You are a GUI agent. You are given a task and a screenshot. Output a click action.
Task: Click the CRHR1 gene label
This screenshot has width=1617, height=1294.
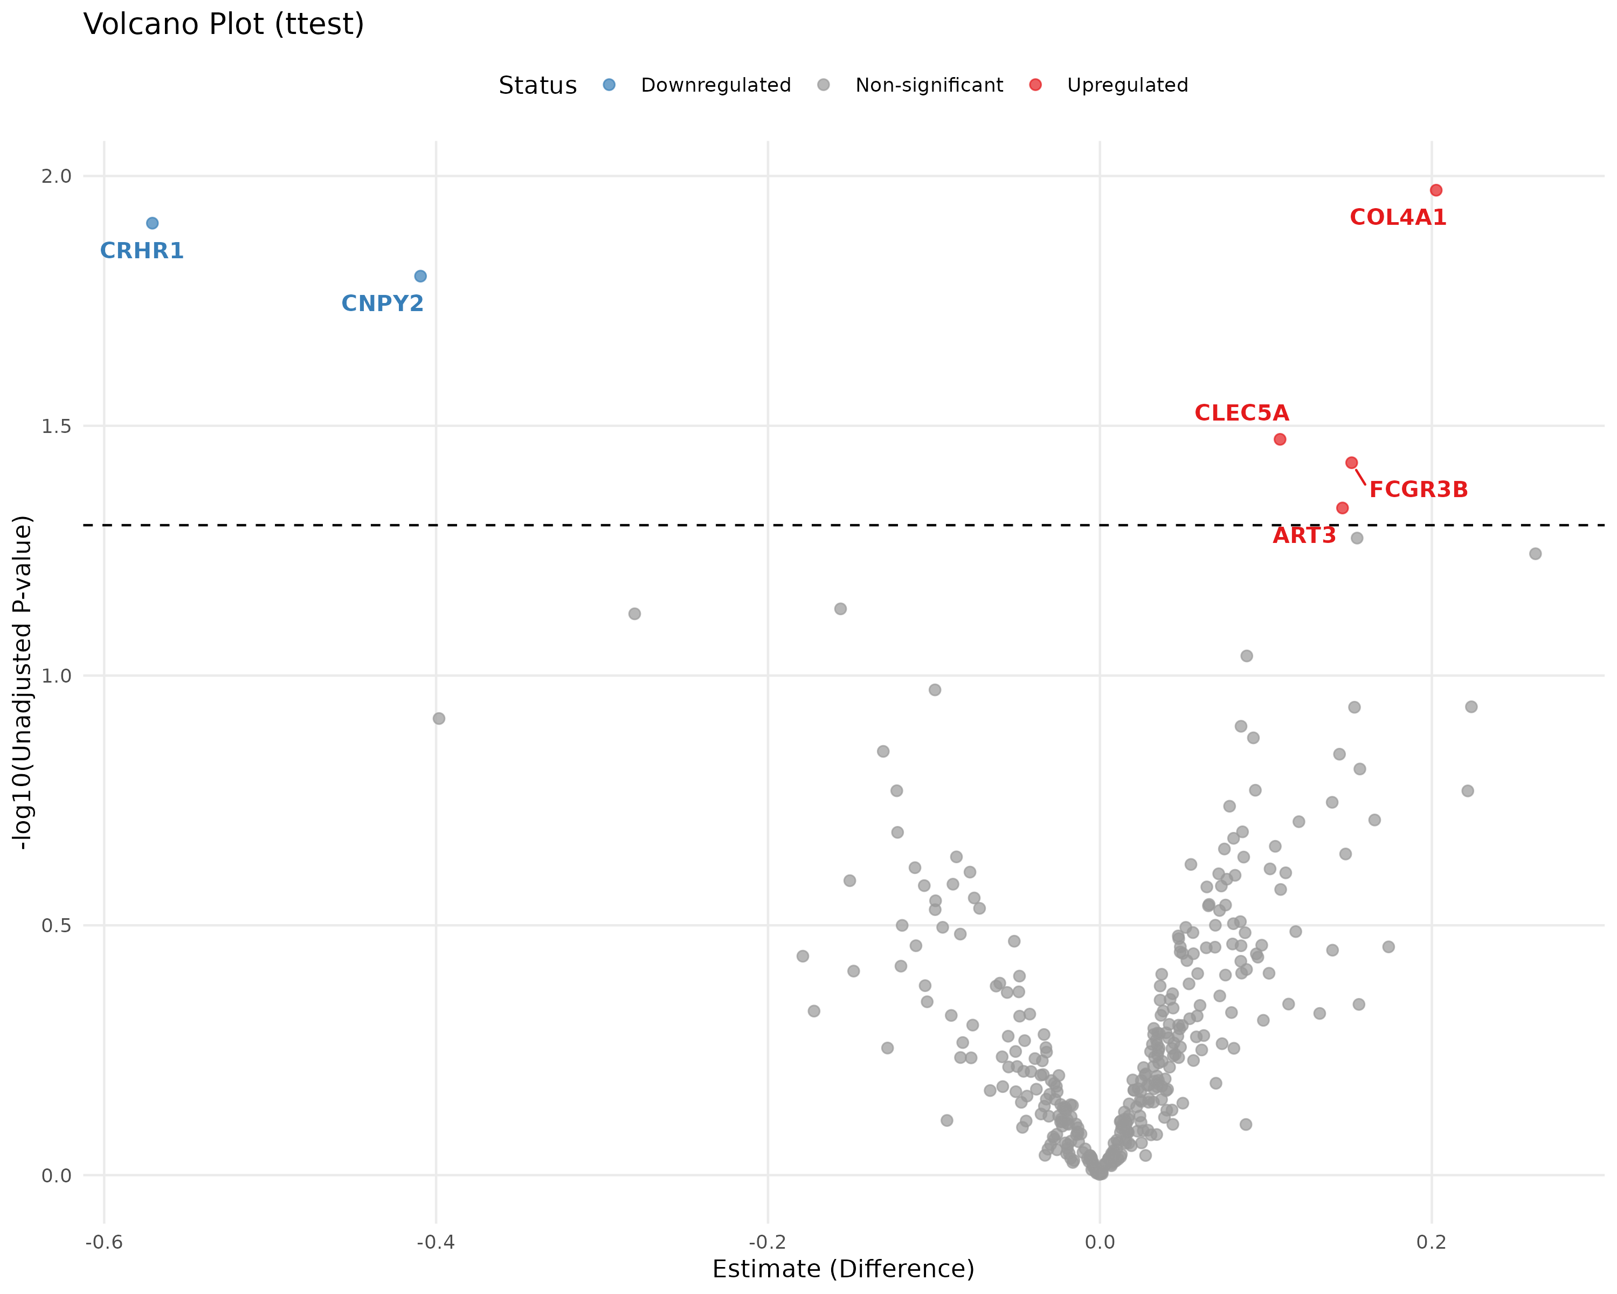click(x=142, y=251)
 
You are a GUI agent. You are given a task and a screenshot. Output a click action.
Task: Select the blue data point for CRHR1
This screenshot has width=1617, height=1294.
click(x=152, y=223)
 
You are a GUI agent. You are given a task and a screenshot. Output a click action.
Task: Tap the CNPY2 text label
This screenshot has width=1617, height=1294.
click(x=383, y=304)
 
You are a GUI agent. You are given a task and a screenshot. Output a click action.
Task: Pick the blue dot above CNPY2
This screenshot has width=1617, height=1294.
click(x=421, y=276)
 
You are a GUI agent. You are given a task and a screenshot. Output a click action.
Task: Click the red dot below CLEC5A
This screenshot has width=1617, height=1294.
click(x=1280, y=439)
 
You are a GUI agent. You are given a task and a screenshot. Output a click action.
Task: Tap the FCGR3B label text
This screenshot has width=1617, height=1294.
click(x=1418, y=490)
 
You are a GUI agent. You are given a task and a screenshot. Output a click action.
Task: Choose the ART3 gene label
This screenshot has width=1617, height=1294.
click(x=1304, y=535)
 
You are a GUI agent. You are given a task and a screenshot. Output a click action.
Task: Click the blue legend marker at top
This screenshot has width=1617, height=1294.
click(x=609, y=85)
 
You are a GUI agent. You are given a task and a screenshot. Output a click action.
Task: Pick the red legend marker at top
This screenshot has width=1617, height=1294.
click(x=1035, y=85)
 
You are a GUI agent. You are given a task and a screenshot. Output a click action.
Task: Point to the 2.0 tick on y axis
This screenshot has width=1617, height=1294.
click(x=56, y=176)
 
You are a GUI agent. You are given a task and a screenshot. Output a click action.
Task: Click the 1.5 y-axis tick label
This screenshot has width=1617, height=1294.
click(x=56, y=426)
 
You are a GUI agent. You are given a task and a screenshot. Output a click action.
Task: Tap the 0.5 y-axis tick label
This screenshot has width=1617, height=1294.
click(x=56, y=926)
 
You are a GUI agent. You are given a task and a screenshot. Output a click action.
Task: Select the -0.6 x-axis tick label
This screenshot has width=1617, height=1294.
click(x=103, y=1242)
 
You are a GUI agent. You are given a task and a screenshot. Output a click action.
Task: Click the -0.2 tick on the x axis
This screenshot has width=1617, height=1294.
click(x=767, y=1242)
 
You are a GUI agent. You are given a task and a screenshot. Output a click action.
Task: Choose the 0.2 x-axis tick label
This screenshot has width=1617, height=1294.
click(x=1432, y=1242)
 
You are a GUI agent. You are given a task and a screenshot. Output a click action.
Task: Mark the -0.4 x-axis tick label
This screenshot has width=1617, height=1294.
click(x=436, y=1242)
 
